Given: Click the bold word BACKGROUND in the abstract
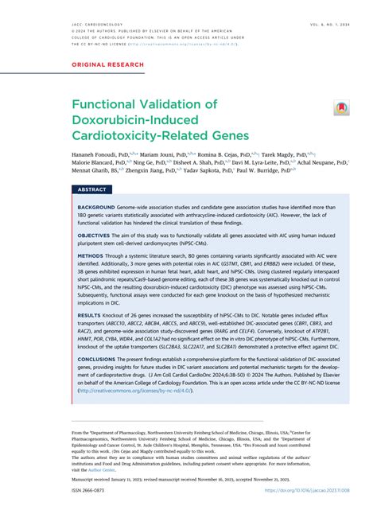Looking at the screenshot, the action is tap(97, 208).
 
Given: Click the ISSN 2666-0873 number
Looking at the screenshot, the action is tap(92, 493).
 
